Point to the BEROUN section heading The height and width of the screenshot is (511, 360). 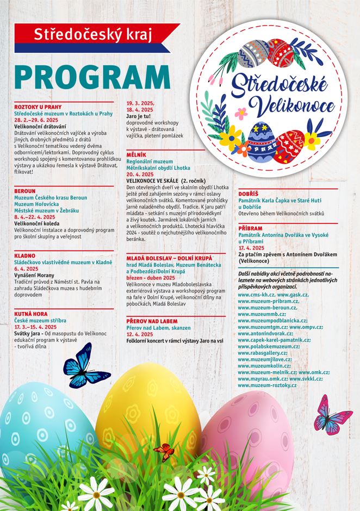click(25, 191)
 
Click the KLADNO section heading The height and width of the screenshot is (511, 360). click(25, 255)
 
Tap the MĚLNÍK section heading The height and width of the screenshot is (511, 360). click(136, 155)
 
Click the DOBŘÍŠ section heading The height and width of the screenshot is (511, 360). click(249, 194)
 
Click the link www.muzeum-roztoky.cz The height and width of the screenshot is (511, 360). click(268, 385)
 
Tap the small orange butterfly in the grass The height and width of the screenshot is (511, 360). click(164, 451)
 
